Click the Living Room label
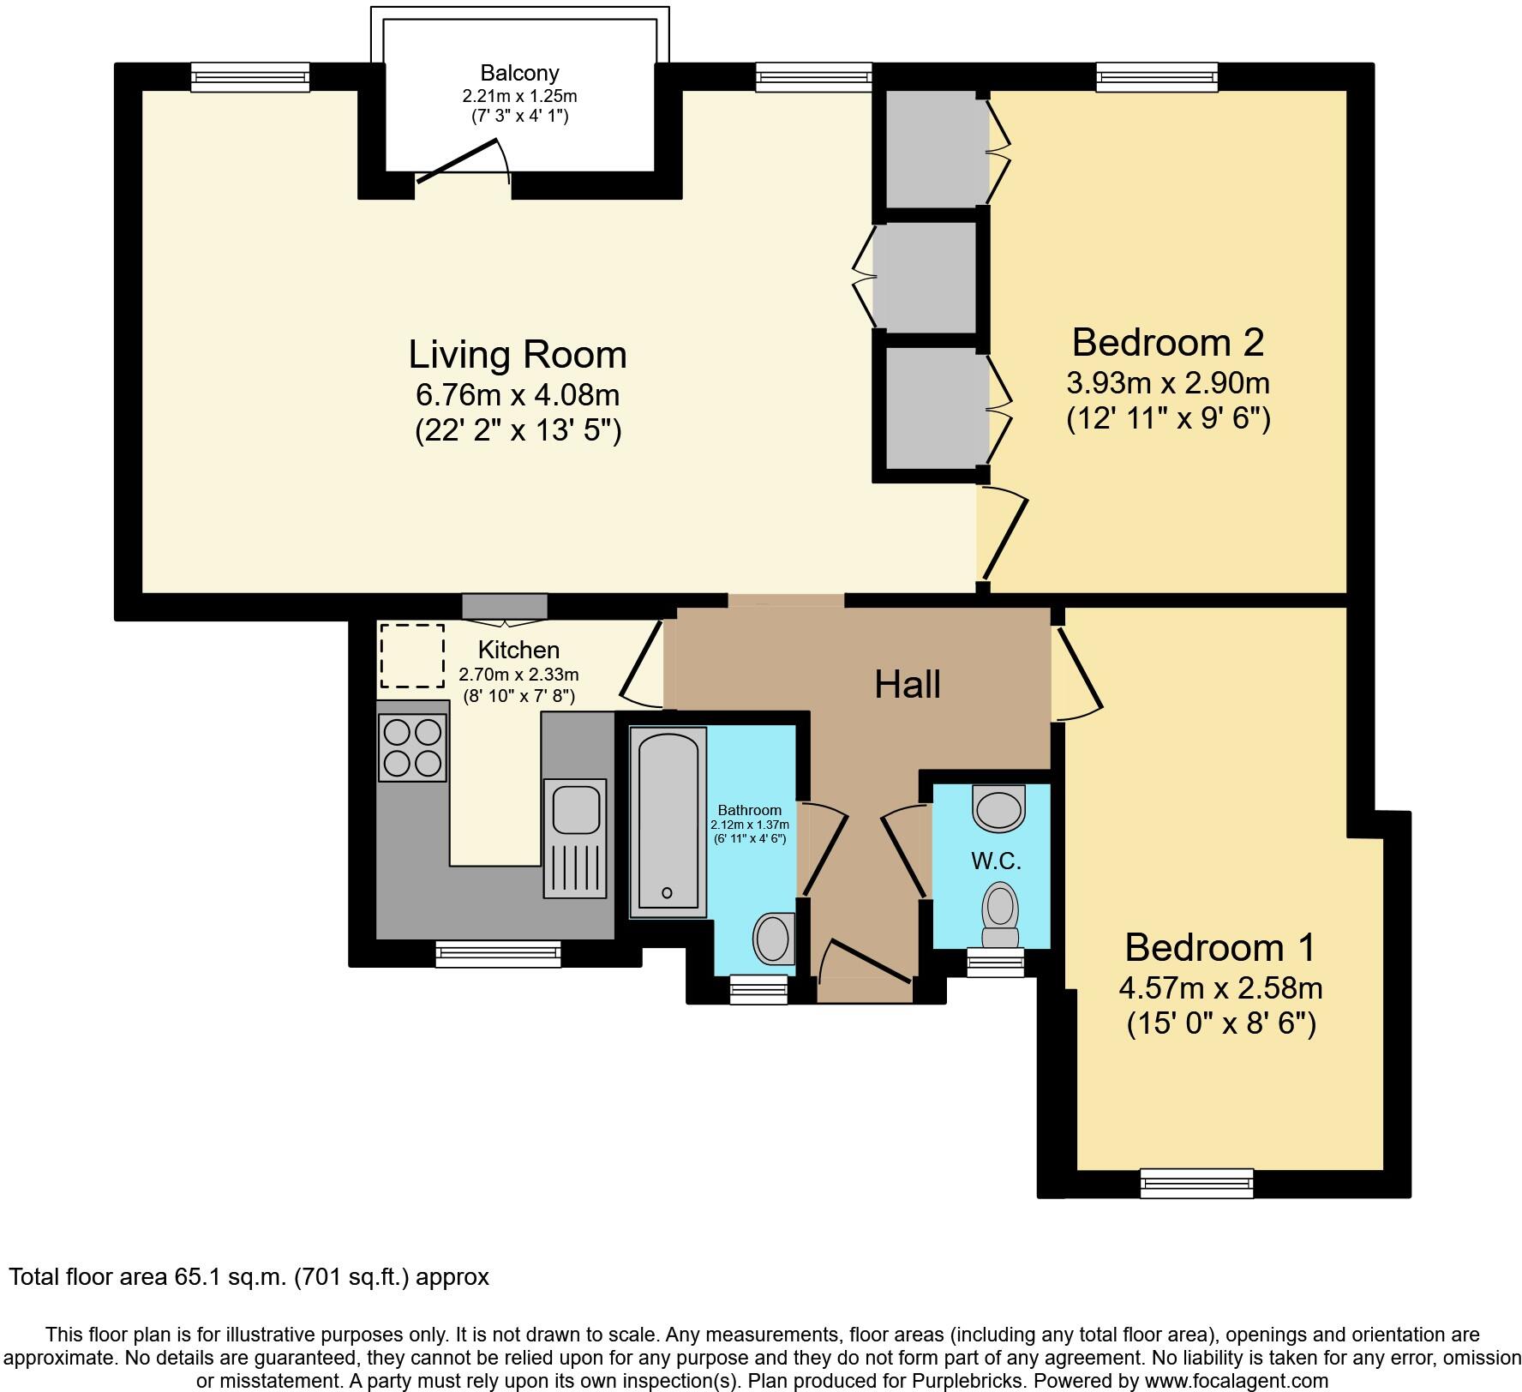(x=517, y=355)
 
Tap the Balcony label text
(x=519, y=74)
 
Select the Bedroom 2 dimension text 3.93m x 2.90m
(x=1168, y=382)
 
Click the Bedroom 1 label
(x=1219, y=947)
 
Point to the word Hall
(x=908, y=685)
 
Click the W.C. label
(x=996, y=861)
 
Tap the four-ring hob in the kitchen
(x=412, y=747)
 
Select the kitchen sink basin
(x=576, y=808)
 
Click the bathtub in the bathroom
(x=668, y=821)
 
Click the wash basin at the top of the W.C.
(x=999, y=807)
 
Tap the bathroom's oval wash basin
(x=773, y=938)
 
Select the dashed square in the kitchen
(x=412, y=656)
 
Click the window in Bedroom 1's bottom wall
(x=1196, y=1183)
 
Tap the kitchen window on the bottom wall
(x=498, y=953)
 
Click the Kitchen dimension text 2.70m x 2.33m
(x=518, y=675)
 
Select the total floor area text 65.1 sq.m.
(x=249, y=1277)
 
